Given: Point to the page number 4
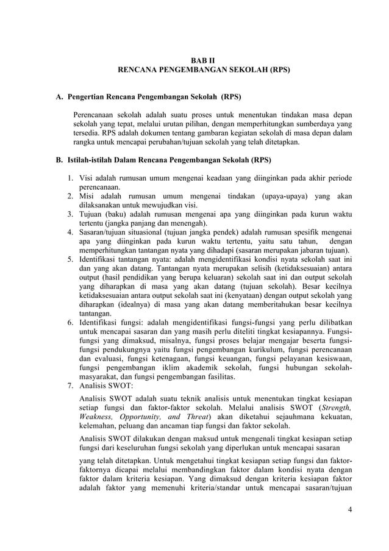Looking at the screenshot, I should [x=351, y=510].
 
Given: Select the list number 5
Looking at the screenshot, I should [x=70, y=258].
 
